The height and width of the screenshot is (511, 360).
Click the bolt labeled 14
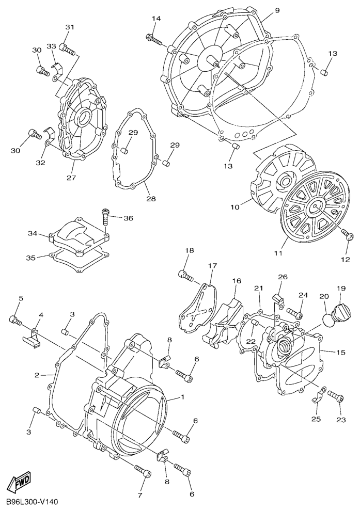154,39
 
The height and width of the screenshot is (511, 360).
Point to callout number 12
346,260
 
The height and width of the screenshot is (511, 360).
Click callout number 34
33,233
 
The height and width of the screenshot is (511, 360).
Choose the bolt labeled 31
67,49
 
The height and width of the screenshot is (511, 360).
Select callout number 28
151,199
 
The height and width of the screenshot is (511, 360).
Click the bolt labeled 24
295,313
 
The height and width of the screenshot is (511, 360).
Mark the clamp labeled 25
318,395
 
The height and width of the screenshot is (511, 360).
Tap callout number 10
235,206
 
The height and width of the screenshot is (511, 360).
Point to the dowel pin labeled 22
256,323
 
